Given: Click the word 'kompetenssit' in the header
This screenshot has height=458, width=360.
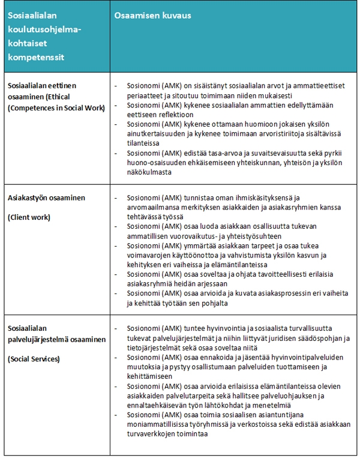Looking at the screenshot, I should click(x=36, y=57).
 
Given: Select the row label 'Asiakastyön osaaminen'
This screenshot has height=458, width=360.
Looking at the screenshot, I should click(x=47, y=198).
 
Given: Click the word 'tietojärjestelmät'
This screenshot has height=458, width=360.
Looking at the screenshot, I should click(x=156, y=348).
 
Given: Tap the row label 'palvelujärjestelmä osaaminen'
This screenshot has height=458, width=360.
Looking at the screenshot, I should click(x=57, y=339).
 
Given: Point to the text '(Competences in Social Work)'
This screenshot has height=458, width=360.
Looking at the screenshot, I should click(x=56, y=107).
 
